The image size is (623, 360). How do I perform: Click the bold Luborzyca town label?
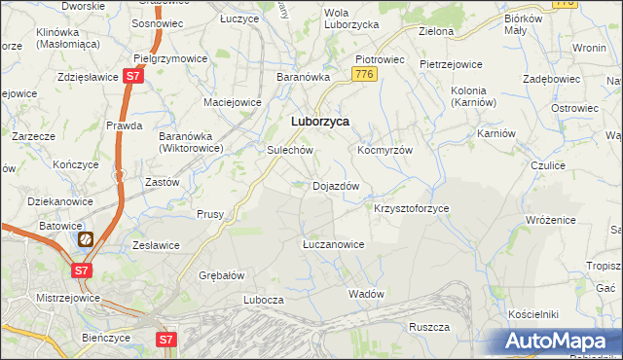(x=320, y=122)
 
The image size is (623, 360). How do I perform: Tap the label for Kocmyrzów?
(x=385, y=151)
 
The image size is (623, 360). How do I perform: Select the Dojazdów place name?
(x=336, y=186)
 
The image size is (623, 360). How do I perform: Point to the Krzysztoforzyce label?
(x=411, y=208)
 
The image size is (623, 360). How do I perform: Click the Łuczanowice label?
(x=333, y=244)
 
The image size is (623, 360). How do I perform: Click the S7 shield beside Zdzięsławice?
(x=134, y=77)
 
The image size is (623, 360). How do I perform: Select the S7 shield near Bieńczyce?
(x=166, y=340)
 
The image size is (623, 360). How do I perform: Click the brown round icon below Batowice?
(x=85, y=237)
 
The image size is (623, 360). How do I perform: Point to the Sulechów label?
(x=289, y=151)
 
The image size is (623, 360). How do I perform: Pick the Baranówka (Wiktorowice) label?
(x=192, y=142)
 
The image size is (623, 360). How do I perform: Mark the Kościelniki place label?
(x=532, y=314)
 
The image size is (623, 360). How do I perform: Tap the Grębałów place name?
(x=221, y=275)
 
